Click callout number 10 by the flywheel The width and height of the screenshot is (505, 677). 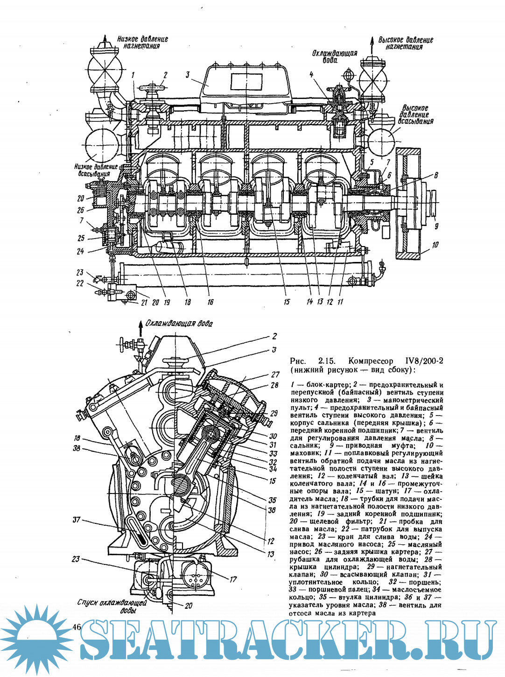coord(435,244)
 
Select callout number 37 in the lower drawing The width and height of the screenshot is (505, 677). coord(76,519)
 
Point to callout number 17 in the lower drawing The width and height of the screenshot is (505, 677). coord(232,579)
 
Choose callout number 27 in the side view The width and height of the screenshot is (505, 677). coord(275,374)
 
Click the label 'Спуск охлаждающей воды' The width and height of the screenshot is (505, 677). coord(112,606)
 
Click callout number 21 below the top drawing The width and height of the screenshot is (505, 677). coord(144,302)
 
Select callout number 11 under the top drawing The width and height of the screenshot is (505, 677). coord(340,302)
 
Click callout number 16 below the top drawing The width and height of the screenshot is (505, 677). coord(210,302)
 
